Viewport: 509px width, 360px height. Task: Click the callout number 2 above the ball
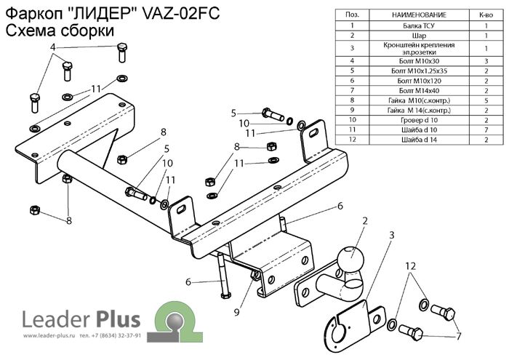(x=365, y=220)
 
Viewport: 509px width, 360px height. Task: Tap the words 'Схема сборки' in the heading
(x=60, y=31)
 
